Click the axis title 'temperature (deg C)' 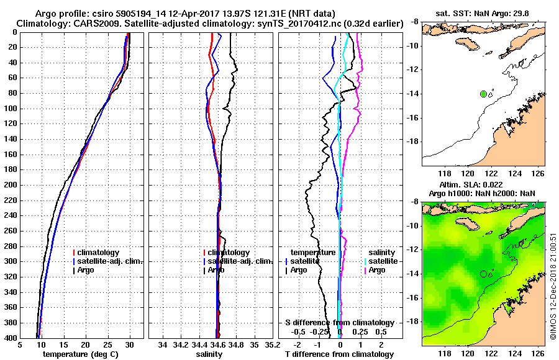click(80, 354)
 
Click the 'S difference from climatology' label click(339, 323)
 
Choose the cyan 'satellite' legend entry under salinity click(383, 261)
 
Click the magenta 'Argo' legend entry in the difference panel click(376, 270)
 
